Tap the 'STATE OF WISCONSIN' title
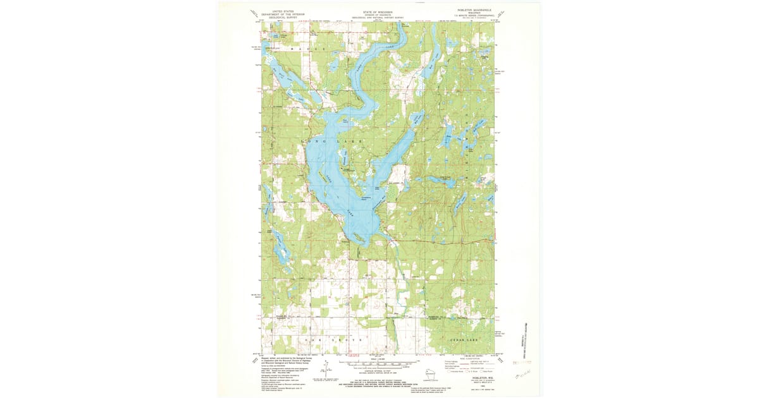point(379,11)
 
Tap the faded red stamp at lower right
point(522,363)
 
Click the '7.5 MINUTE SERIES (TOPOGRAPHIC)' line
point(466,18)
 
